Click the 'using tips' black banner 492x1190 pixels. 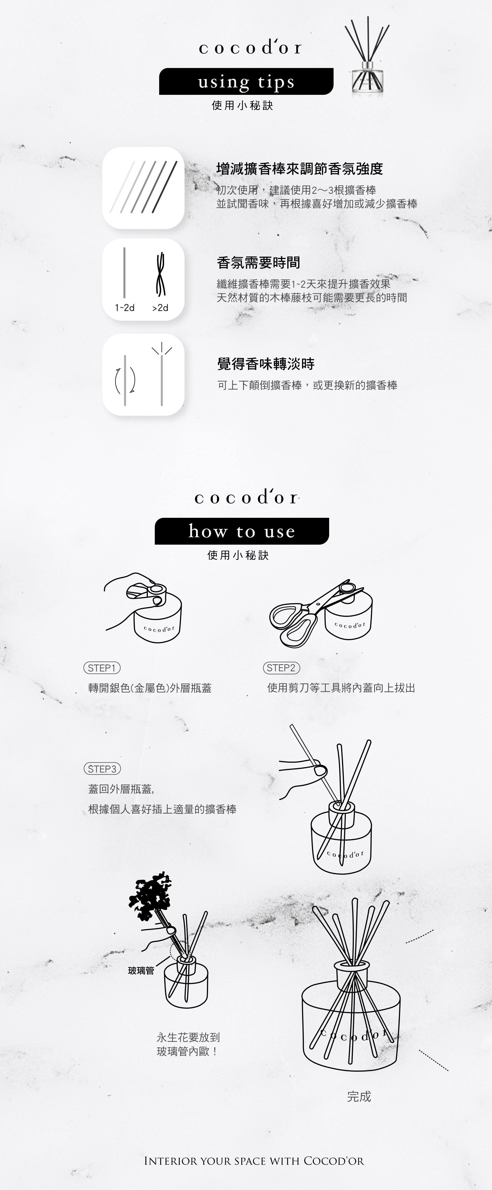click(246, 82)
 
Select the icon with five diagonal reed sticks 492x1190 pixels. click(143, 187)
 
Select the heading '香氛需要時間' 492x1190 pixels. click(259, 263)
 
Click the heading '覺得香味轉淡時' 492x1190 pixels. click(266, 364)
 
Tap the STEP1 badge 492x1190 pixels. click(102, 668)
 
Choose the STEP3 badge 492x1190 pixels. click(102, 769)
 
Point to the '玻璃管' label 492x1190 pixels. click(141, 971)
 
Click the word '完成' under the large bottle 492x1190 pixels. click(359, 1096)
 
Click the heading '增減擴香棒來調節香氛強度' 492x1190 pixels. click(300, 169)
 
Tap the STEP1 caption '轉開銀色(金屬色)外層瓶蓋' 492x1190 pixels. click(150, 688)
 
